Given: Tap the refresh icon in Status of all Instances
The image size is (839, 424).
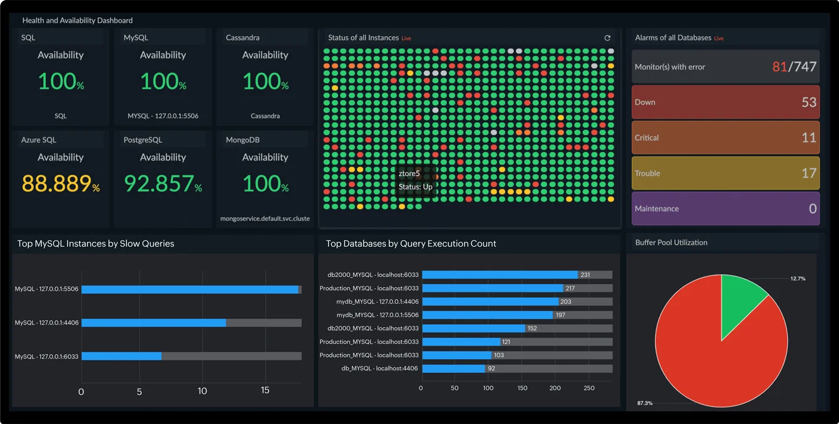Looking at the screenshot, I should pyautogui.click(x=607, y=38).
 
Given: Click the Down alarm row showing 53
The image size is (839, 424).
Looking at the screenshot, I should pyautogui.click(x=725, y=102).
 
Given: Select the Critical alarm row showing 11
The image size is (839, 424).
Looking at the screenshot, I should pyautogui.click(x=725, y=138).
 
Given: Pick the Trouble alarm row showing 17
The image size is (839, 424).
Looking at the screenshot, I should pyautogui.click(x=725, y=173).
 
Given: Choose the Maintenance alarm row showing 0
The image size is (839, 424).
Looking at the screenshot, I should pyautogui.click(x=725, y=209).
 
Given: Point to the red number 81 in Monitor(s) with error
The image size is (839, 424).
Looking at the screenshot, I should pyautogui.click(x=779, y=67).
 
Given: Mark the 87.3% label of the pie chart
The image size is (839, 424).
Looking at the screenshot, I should pyautogui.click(x=645, y=403).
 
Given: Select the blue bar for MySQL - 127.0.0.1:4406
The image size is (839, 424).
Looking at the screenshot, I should pyautogui.click(x=154, y=323).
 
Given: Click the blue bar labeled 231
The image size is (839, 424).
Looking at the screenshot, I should pyautogui.click(x=500, y=275).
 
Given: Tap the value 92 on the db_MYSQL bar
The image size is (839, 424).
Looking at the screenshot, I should pyautogui.click(x=491, y=368).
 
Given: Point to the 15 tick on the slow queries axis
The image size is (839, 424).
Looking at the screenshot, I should pyautogui.click(x=265, y=391).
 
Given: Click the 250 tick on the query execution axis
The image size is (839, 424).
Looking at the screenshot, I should pyautogui.click(x=589, y=388).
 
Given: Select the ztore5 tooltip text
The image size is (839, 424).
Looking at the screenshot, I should pyautogui.click(x=409, y=174).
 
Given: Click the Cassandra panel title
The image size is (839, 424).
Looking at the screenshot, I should pyautogui.click(x=242, y=38).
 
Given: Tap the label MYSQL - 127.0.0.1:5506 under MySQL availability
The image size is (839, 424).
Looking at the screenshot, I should pyautogui.click(x=163, y=116).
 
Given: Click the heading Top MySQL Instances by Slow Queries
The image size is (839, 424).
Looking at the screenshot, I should pyautogui.click(x=96, y=244).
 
